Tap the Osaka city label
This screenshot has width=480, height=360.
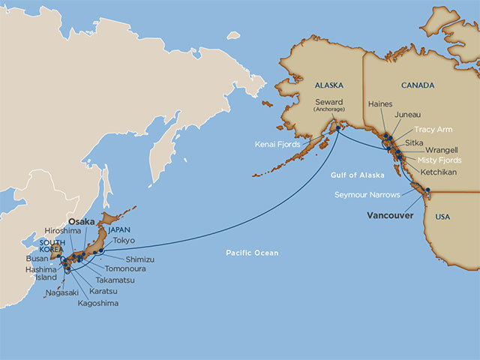[82, 223]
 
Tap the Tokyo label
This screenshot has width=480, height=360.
[124, 241]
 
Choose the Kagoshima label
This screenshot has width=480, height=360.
[97, 304]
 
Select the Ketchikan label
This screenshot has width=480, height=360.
[437, 172]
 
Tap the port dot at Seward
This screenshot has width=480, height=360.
[337, 127]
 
